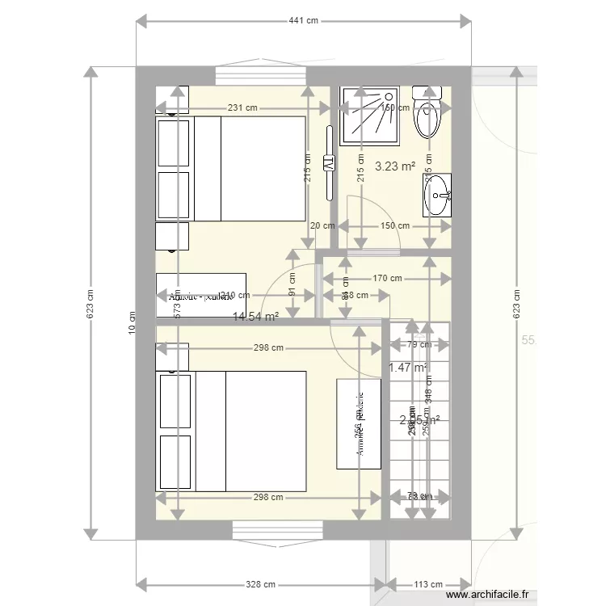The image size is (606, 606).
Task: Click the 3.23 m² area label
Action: [395, 167]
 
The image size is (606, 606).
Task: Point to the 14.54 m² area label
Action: [255, 317]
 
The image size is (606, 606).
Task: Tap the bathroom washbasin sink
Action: [438, 195]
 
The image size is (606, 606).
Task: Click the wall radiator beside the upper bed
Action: [328, 162]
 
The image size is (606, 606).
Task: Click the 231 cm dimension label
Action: [242, 107]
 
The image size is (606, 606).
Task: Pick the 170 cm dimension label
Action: [387, 279]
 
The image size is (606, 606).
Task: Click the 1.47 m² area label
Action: [406, 368]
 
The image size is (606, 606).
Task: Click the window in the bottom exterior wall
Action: [278, 529]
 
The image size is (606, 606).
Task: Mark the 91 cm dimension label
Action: [292, 284]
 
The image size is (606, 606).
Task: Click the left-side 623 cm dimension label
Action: [91, 304]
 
